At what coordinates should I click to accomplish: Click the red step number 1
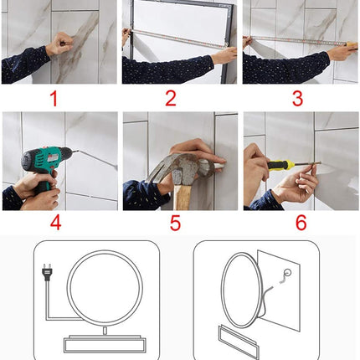[x=54, y=99]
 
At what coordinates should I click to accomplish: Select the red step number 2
[x=171, y=99]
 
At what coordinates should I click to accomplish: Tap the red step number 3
[x=296, y=99]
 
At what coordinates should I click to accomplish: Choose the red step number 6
[x=300, y=224]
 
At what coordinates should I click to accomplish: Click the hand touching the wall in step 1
[x=59, y=44]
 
